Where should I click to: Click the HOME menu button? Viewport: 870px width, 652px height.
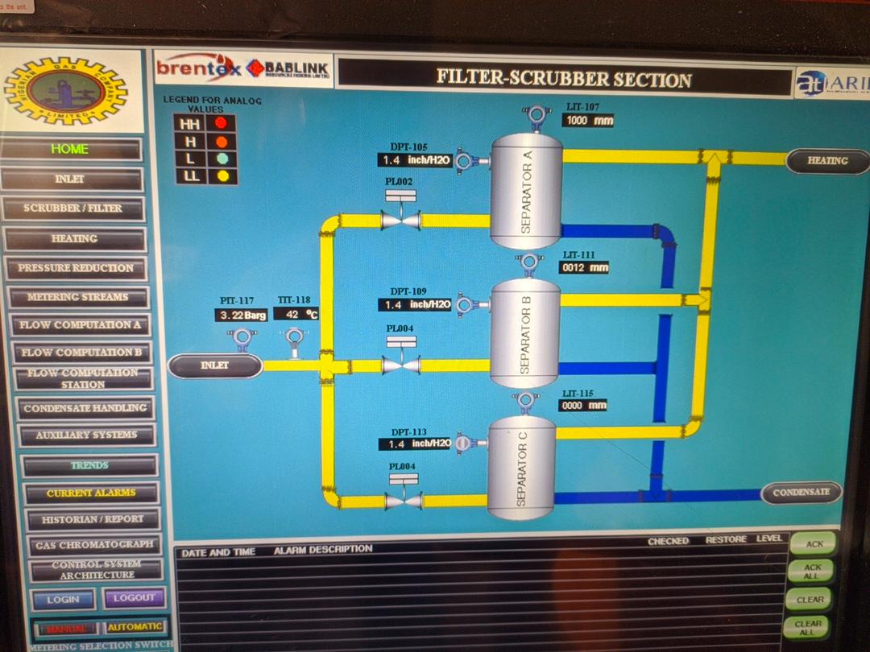(71, 150)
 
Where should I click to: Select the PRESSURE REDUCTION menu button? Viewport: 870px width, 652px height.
(76, 268)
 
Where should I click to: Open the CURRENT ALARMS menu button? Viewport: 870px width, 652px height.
(91, 493)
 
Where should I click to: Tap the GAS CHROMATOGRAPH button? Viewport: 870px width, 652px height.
(93, 545)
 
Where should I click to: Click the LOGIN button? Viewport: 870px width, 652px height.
(63, 599)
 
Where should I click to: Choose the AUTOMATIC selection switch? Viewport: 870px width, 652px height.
(135, 627)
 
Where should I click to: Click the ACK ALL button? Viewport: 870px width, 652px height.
(812, 572)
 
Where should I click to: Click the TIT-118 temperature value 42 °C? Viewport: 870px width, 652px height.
(296, 315)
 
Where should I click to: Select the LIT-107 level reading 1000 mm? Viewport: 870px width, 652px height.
(589, 121)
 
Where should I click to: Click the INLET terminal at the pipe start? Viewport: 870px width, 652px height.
(215, 366)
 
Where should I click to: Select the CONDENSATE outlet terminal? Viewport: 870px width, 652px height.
(801, 493)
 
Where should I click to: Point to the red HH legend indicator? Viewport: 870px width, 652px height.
(220, 123)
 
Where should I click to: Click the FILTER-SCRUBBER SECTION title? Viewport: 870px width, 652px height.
(564, 79)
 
